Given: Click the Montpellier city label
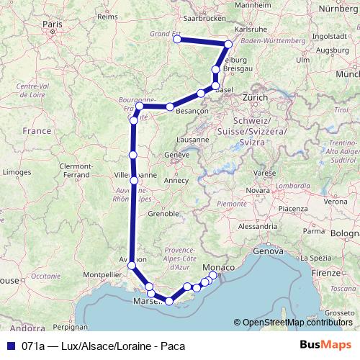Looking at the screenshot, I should pyautogui.click(x=104, y=274).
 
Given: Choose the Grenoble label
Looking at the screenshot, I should pyautogui.click(x=163, y=214).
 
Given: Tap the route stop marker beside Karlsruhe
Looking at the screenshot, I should pyautogui.click(x=229, y=45).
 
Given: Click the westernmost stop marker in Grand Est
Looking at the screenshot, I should pyautogui.click(x=177, y=40).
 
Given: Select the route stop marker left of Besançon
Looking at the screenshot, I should pyautogui.click(x=170, y=107).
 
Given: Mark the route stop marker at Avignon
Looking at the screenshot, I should pyautogui.click(x=131, y=266).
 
